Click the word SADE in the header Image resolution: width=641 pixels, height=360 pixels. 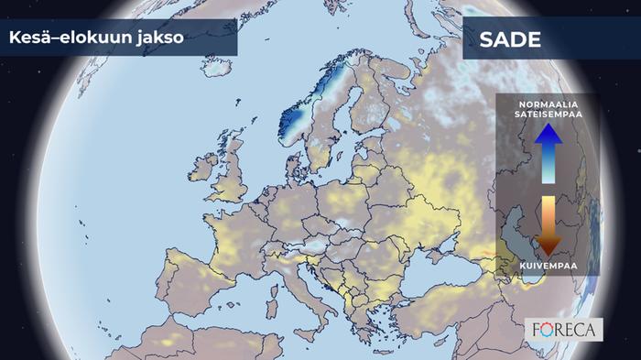coord(510,40)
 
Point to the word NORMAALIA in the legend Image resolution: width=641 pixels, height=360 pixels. coord(548,104)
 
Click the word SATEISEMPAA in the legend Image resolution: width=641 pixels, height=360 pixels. coord(548,115)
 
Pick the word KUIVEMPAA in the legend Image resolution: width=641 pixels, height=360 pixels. coord(548,267)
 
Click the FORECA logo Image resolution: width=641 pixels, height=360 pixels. coord(565,328)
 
